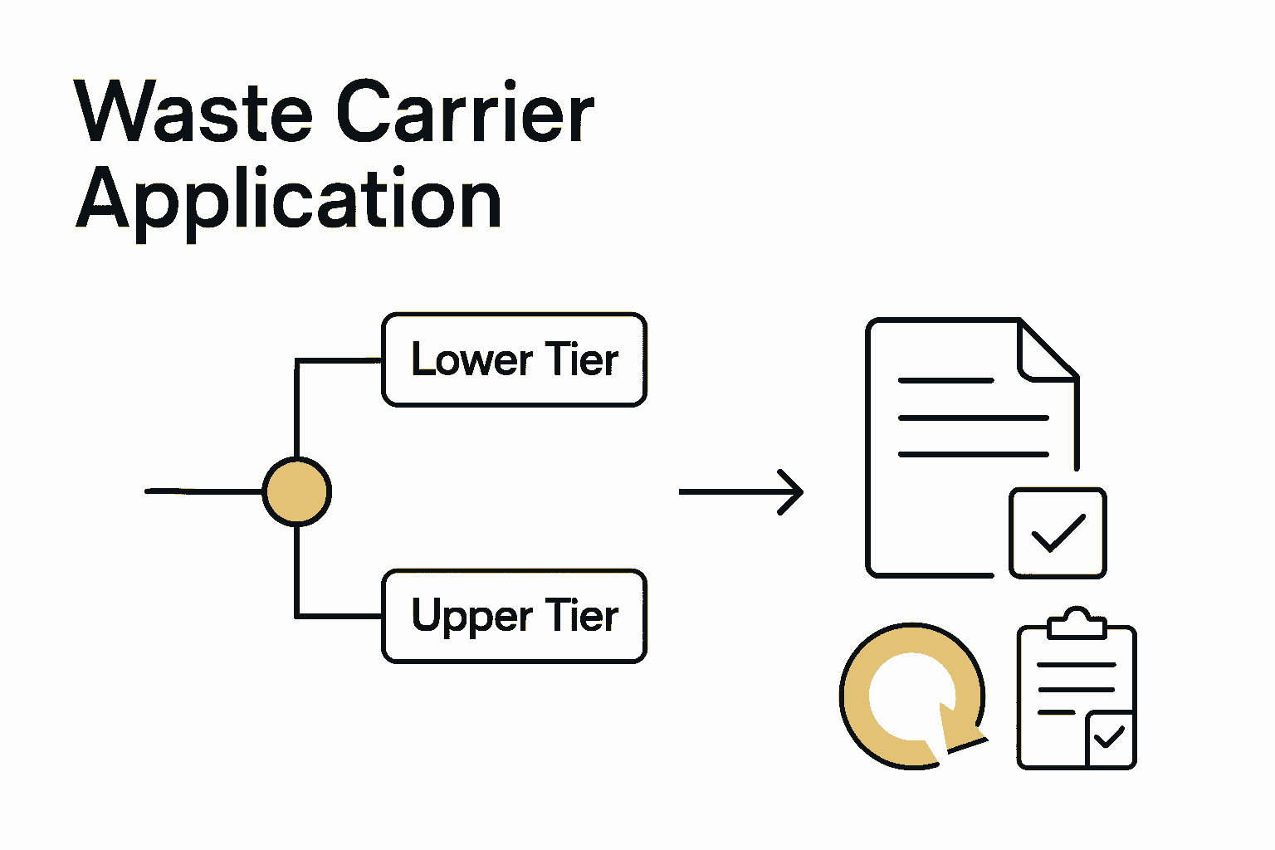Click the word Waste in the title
(193, 112)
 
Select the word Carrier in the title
(465, 112)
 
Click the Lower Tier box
(514, 359)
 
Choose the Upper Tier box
(514, 616)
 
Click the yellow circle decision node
(296, 491)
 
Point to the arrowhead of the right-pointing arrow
(794, 491)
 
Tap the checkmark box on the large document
(1058, 533)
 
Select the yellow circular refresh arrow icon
(911, 696)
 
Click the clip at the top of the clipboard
(1077, 623)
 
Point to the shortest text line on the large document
(945, 380)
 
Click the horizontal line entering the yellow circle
(203, 491)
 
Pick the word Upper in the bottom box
(471, 616)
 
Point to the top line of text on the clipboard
(1077, 665)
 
